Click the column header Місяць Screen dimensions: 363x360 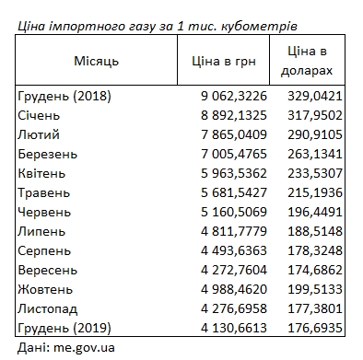click(x=96, y=61)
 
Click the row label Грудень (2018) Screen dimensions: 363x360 click(x=63, y=95)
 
